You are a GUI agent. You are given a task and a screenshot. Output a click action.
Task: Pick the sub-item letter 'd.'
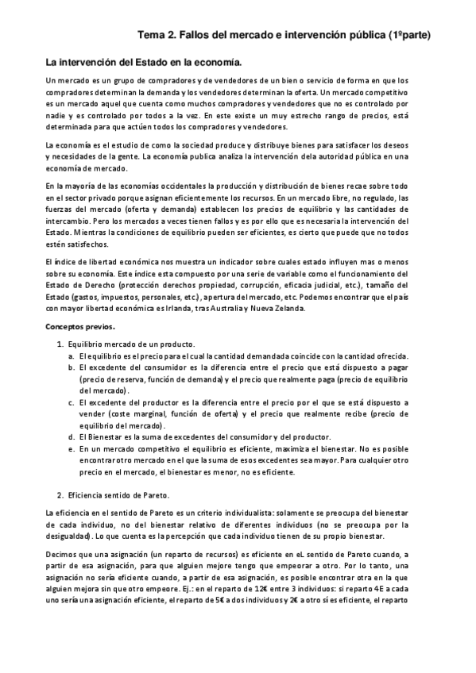[x=72, y=438]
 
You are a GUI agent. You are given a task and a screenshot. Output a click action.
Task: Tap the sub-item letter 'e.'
[x=72, y=449]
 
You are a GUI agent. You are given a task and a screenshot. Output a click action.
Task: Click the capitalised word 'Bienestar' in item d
[x=106, y=438]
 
